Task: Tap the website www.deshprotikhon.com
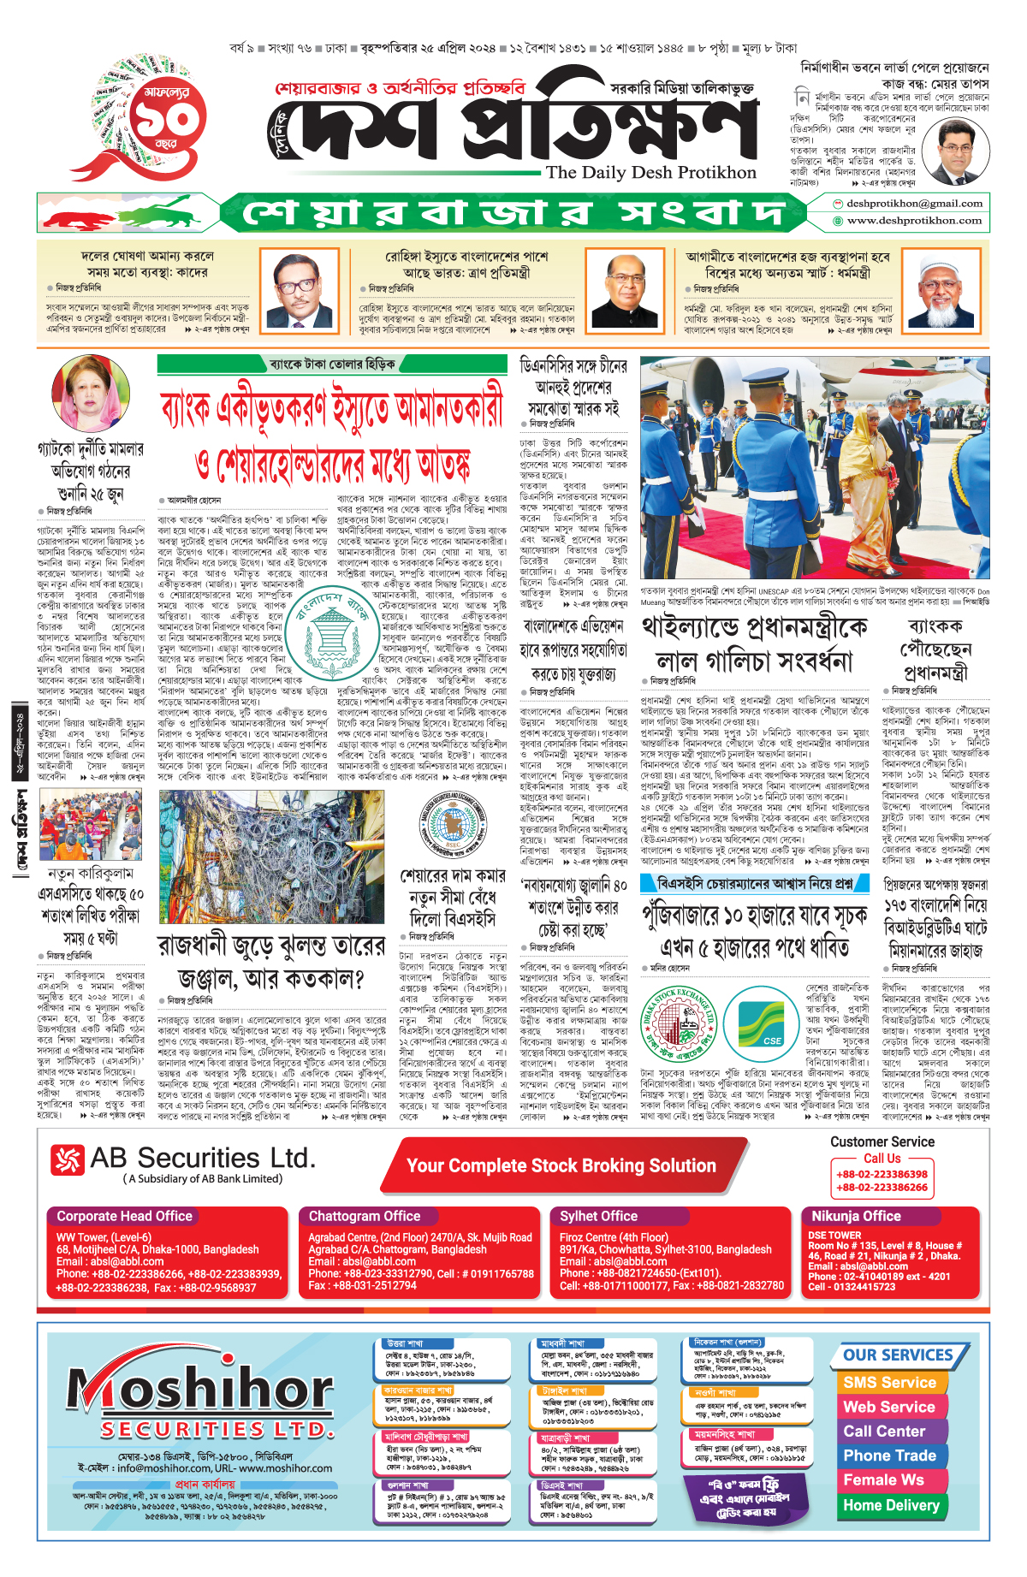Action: tap(914, 221)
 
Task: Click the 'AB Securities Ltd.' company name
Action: tap(202, 1159)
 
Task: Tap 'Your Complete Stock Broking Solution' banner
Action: tap(561, 1165)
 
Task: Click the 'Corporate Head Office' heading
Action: tap(125, 1216)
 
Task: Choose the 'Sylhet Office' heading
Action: tap(599, 1216)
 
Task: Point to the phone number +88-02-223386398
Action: tap(882, 1175)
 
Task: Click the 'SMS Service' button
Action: tap(889, 1382)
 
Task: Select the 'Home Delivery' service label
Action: tap(891, 1505)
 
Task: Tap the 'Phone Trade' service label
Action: tap(889, 1455)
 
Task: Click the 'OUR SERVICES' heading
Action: tap(898, 1355)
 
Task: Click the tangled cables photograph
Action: tap(272, 857)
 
